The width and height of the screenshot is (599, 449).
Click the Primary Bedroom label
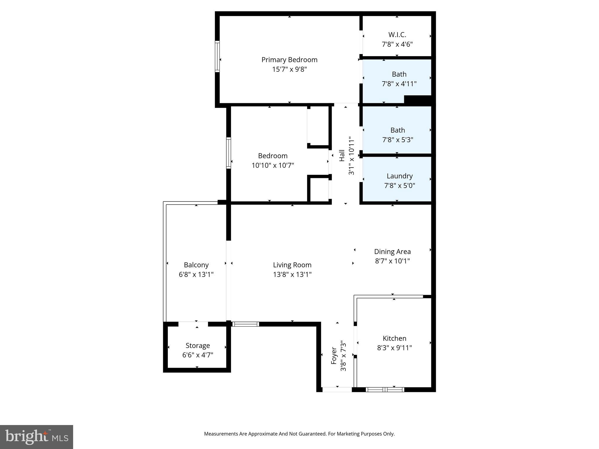click(x=289, y=60)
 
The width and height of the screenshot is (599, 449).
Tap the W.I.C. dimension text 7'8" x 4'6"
click(x=397, y=44)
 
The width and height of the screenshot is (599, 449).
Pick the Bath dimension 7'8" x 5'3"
click(x=397, y=140)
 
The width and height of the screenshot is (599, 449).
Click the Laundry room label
click(x=399, y=176)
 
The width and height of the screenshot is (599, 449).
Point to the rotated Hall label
click(x=342, y=156)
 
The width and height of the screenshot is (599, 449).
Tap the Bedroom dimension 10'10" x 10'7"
click(x=273, y=165)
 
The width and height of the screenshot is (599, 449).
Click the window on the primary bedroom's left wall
click(x=217, y=56)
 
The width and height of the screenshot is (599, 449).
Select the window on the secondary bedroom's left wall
click(x=229, y=153)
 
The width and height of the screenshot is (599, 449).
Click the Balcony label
click(x=196, y=265)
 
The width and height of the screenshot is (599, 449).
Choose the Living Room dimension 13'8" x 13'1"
click(x=292, y=274)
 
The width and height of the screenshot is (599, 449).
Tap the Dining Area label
click(x=392, y=251)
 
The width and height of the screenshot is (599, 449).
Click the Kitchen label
click(x=394, y=338)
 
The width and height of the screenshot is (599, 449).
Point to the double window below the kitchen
click(x=385, y=389)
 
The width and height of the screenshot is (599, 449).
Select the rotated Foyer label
click(x=334, y=356)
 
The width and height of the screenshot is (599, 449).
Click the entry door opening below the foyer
click(x=337, y=389)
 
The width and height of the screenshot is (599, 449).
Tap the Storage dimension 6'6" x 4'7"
click(x=197, y=355)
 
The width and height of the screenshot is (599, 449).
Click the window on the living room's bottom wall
click(x=245, y=324)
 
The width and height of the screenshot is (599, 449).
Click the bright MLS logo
click(x=37, y=437)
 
